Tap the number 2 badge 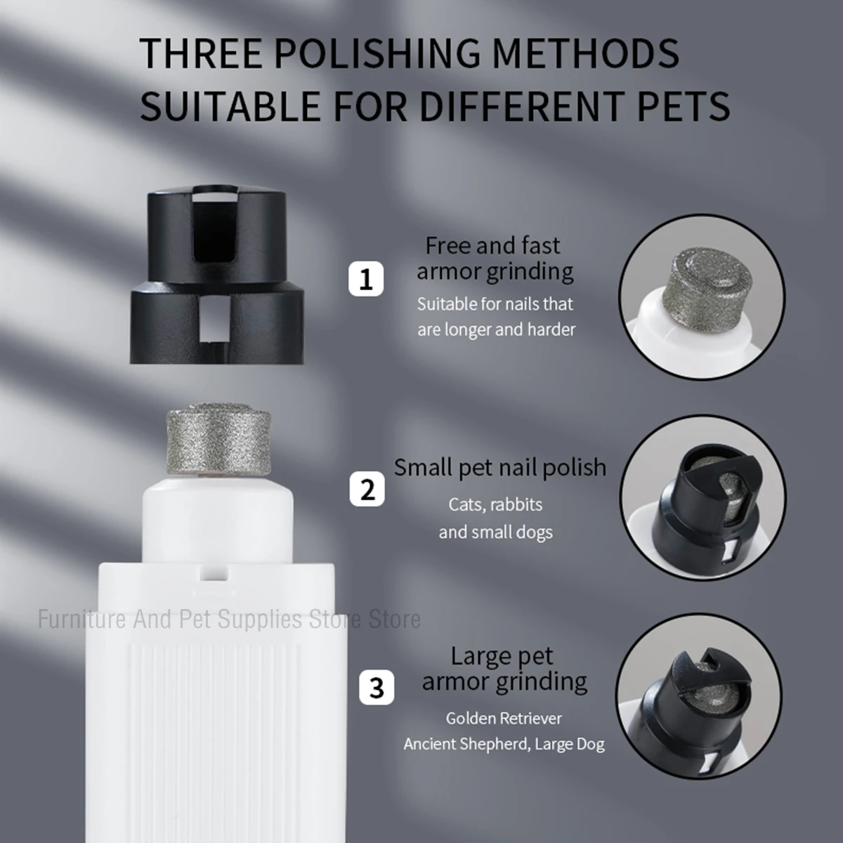coord(367,489)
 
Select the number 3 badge coord(377,687)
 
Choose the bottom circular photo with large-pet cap coord(700,695)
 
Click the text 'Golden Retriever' coord(504,718)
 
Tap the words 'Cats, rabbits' coord(495,504)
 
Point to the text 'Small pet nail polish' coord(499,467)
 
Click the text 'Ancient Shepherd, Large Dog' coord(504,744)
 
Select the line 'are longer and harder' coord(496,329)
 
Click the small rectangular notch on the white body coord(210,573)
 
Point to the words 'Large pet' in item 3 coord(502,656)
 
